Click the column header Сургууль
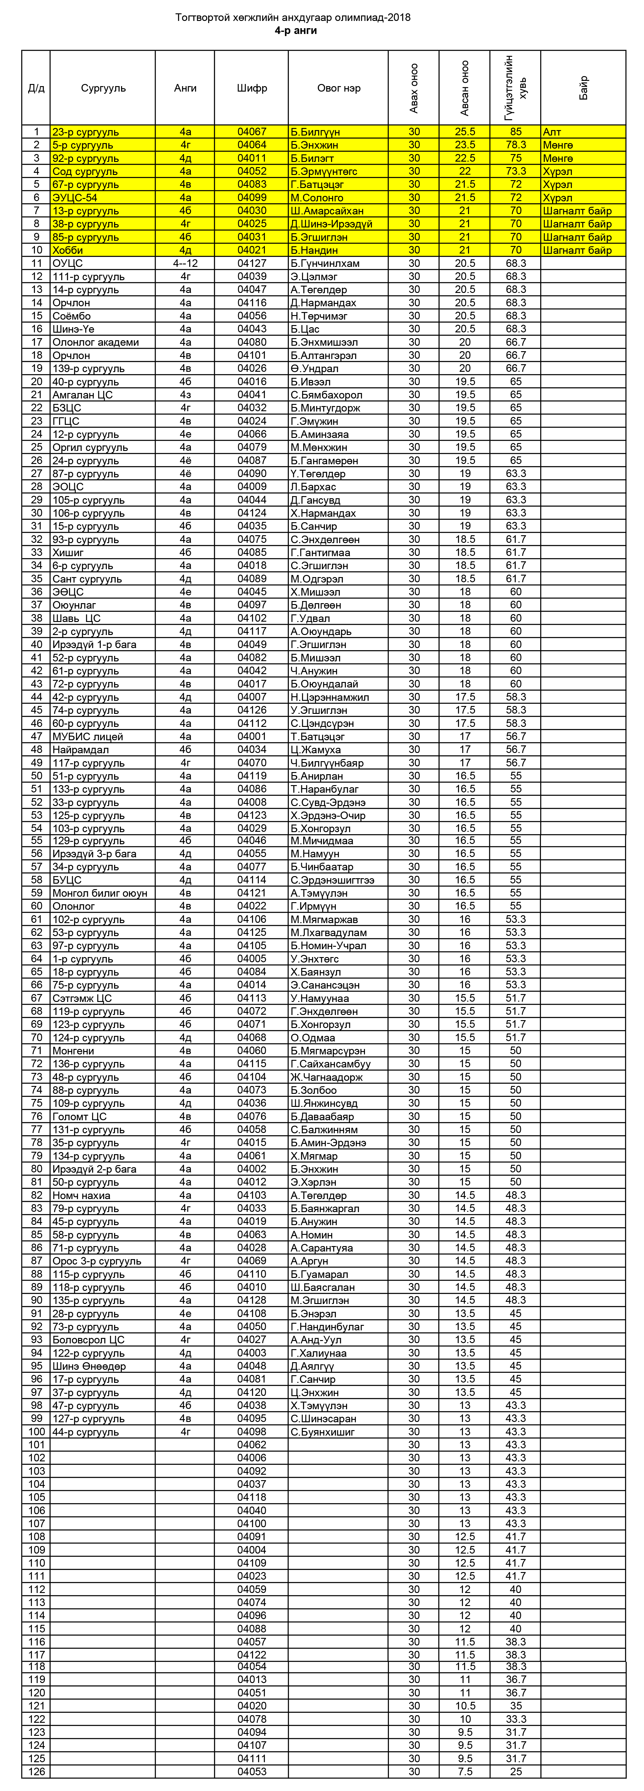103,88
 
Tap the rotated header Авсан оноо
464,88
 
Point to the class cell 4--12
185,264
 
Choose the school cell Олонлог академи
95,342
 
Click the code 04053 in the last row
252,1772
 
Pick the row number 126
36,1772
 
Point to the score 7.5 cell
464,1772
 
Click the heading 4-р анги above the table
295,31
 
